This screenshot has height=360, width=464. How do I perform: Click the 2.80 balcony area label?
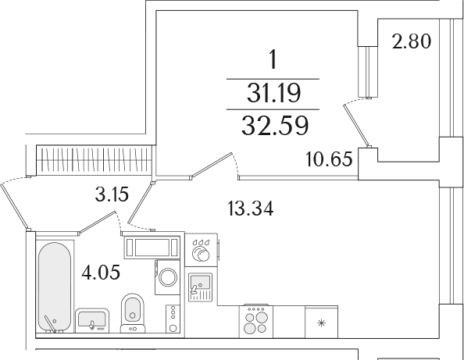[x=412, y=41]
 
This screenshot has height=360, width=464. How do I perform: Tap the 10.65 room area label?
[x=329, y=159]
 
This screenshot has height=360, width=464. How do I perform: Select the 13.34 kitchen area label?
[x=251, y=209]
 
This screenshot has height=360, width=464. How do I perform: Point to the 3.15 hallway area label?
[x=112, y=194]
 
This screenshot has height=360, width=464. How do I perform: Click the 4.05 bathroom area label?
[x=101, y=273]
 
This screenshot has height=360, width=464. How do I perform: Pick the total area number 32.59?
[x=275, y=126]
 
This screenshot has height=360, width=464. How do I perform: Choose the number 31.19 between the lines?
[x=273, y=93]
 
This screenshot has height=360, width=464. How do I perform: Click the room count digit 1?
[x=273, y=59]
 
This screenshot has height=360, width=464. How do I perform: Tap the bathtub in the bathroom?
[x=55, y=287]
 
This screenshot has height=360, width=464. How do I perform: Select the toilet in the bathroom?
[x=133, y=313]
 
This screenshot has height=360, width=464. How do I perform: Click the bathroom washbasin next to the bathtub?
[x=92, y=321]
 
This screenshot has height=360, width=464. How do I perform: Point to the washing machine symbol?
[x=167, y=277]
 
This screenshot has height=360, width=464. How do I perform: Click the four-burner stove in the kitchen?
[x=256, y=322]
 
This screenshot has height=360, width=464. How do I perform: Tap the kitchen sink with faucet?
[x=200, y=287]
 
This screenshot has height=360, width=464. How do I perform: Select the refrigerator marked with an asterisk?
[x=321, y=323]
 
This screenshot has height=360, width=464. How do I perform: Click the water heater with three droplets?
[x=202, y=250]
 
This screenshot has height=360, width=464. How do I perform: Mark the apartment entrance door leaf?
[x=15, y=206]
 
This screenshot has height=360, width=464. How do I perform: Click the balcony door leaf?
[x=357, y=125]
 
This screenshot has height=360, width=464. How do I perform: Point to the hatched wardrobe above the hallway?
[x=95, y=160]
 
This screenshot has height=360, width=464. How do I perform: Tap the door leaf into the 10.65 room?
[x=211, y=166]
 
